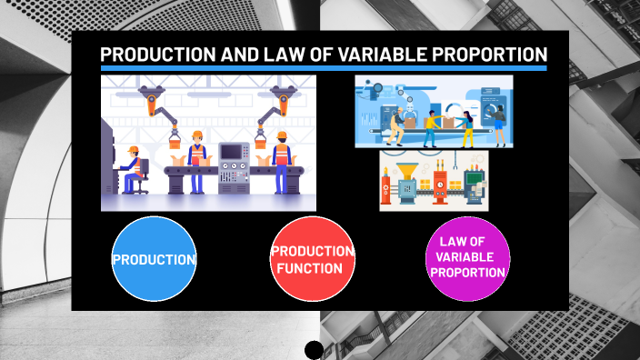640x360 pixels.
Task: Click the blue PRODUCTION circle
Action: click(x=154, y=259)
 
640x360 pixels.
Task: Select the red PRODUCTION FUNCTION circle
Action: click(x=313, y=259)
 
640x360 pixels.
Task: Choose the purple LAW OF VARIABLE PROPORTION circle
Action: click(x=468, y=259)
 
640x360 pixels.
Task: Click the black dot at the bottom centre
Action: click(x=314, y=350)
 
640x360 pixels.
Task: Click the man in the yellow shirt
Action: click(x=431, y=127)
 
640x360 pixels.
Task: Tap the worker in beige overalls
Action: click(x=396, y=127)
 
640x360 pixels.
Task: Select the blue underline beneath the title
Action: click(x=324, y=68)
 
